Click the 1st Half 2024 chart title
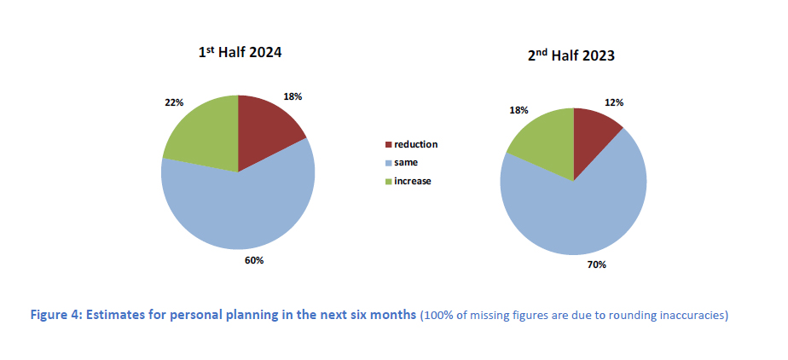[x=239, y=53]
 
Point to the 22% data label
[x=174, y=102]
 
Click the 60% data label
[x=254, y=259]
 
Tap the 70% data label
[x=595, y=265]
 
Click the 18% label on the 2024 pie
[x=293, y=96]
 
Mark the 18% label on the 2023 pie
[x=519, y=110]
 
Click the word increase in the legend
[x=413, y=182]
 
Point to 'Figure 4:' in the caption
[x=55, y=316]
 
